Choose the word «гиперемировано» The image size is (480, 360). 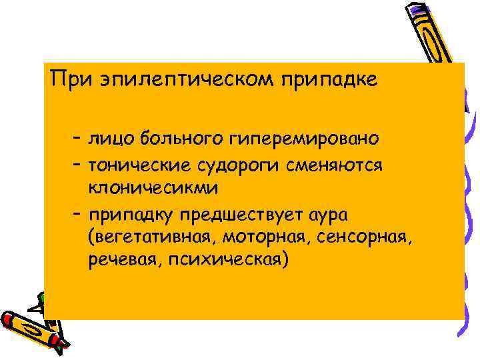click(x=303, y=139)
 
